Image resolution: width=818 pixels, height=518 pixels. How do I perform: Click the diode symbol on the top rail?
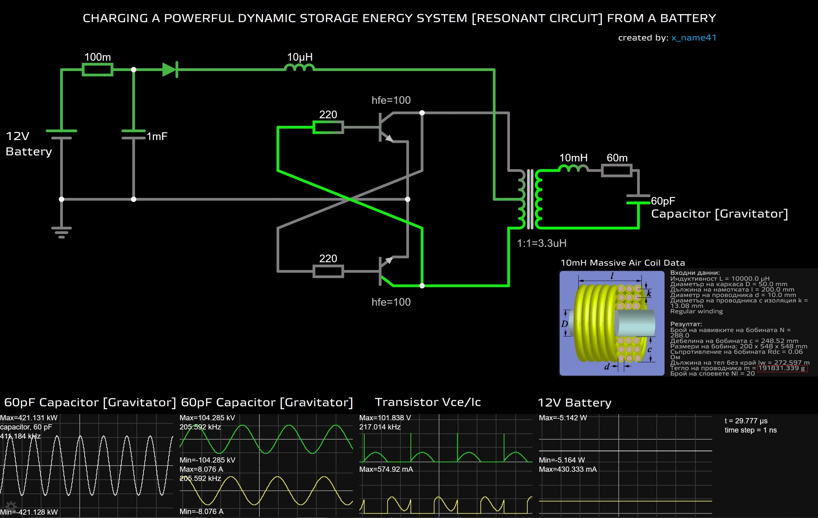click(170, 70)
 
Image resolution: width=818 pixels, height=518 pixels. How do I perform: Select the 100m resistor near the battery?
click(97, 70)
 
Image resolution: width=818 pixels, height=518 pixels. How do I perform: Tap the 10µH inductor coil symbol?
click(299, 68)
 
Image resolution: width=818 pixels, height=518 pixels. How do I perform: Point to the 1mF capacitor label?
click(157, 136)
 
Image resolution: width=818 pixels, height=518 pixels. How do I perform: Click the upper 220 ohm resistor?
click(328, 127)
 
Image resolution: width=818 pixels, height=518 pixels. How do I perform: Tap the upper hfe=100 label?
click(391, 100)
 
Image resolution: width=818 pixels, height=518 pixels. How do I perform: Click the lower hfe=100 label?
click(391, 302)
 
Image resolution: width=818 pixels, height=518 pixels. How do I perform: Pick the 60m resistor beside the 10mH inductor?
click(617, 170)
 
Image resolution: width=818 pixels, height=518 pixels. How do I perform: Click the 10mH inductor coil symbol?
click(573, 168)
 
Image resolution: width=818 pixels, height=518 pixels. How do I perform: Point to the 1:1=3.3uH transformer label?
click(541, 243)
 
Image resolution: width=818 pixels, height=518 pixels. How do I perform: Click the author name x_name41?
click(694, 38)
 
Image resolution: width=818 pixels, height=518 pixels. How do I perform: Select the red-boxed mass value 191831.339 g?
click(782, 368)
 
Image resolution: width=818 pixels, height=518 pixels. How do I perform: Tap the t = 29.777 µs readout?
click(746, 421)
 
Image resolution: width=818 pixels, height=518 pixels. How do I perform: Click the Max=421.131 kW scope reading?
click(29, 418)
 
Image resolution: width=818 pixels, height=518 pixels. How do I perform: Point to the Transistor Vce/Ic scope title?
click(428, 402)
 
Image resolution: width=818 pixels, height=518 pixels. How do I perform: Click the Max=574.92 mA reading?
click(386, 469)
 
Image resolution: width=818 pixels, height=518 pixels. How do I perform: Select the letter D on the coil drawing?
click(564, 323)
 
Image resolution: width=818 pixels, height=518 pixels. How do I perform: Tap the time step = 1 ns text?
click(751, 430)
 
